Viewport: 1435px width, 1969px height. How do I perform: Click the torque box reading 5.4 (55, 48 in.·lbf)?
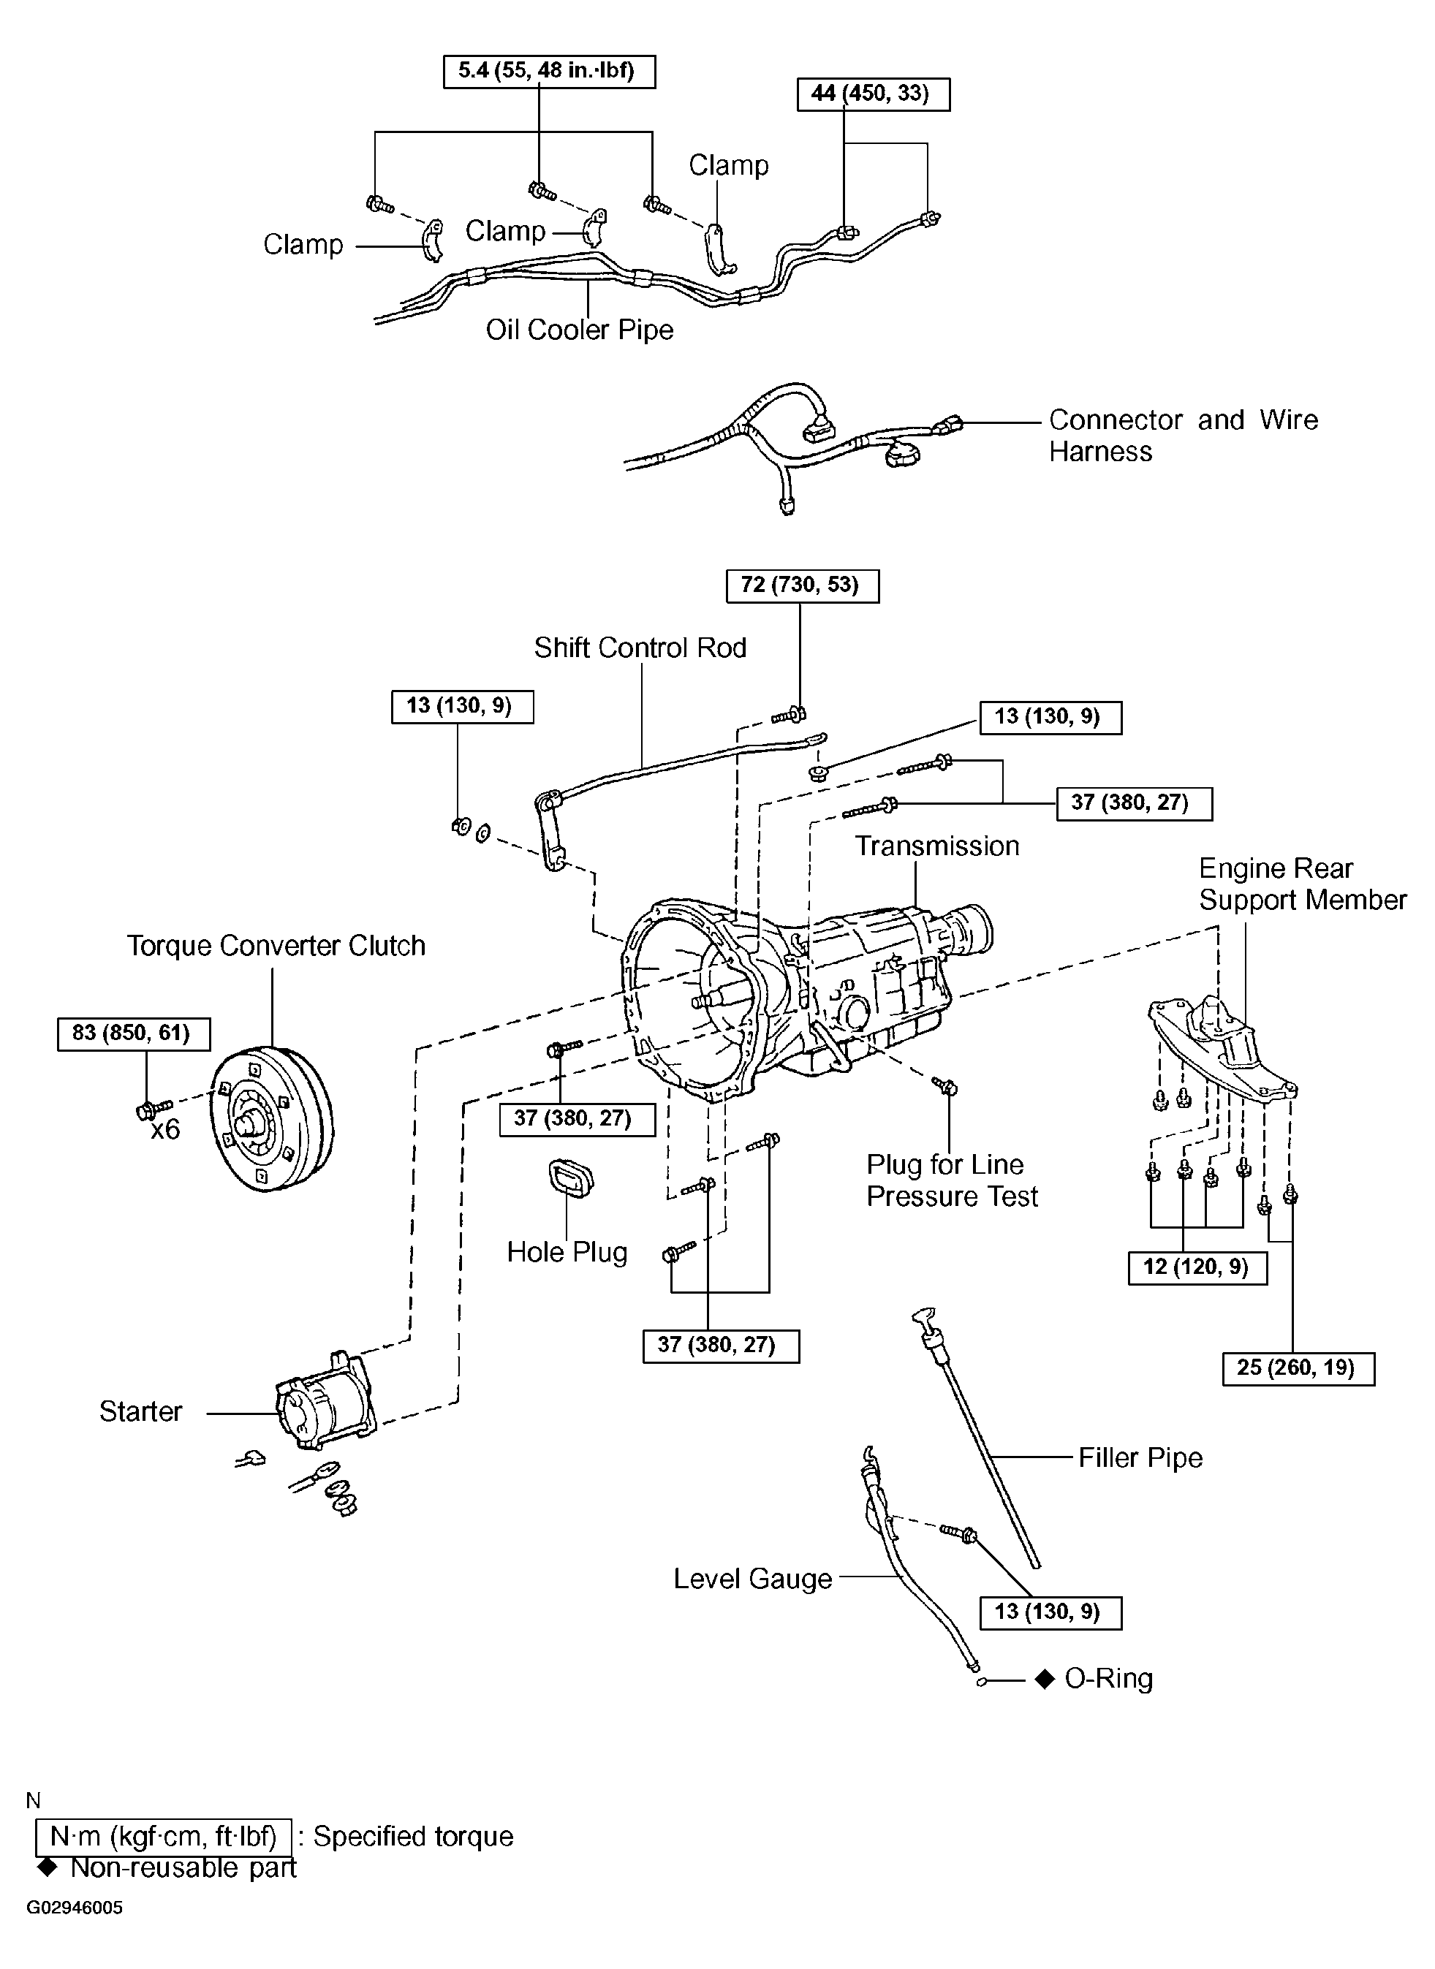click(549, 71)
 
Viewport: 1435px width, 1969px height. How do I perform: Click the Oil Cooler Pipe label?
click(580, 330)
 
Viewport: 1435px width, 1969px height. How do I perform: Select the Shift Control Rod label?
click(640, 648)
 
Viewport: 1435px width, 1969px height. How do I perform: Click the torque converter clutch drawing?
click(272, 1120)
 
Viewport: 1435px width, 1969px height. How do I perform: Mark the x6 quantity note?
click(165, 1129)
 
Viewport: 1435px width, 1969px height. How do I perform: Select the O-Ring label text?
click(1108, 1679)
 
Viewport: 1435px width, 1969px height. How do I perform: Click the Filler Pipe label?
click(1140, 1458)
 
